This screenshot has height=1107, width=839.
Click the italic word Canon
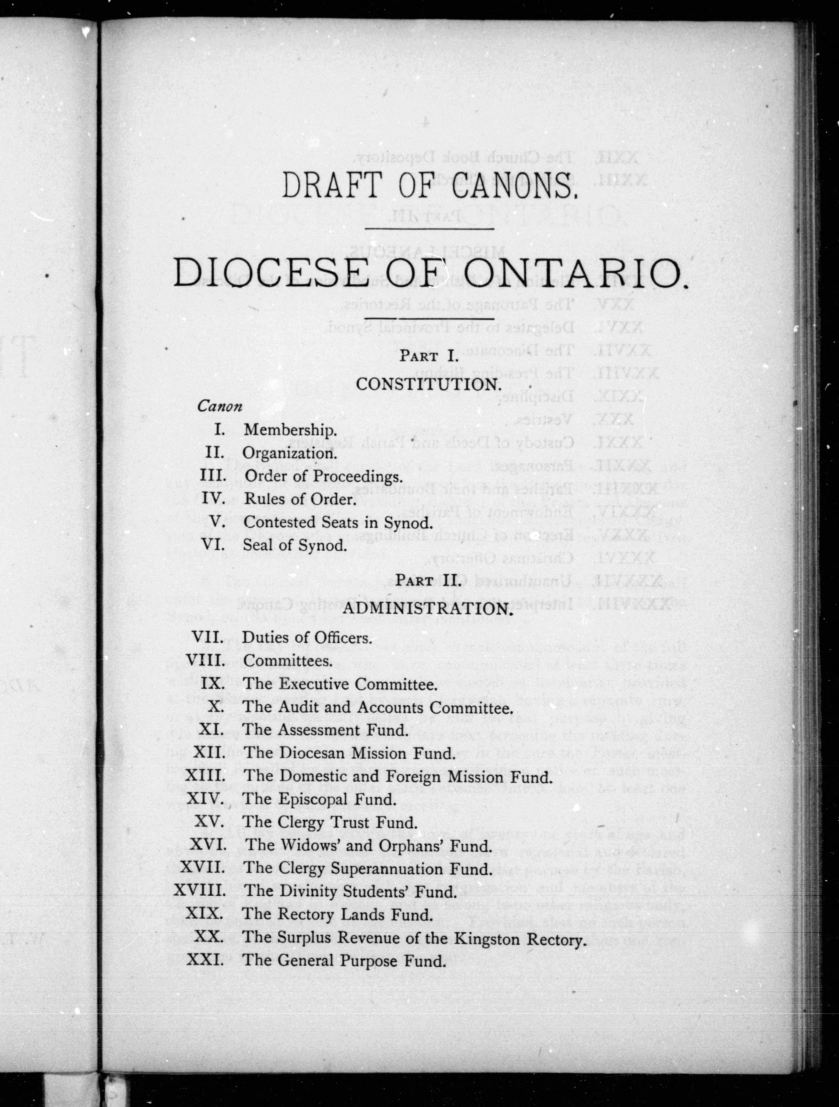220,406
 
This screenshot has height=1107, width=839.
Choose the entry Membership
290,430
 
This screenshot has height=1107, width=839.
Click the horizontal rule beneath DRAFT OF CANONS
429,229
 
